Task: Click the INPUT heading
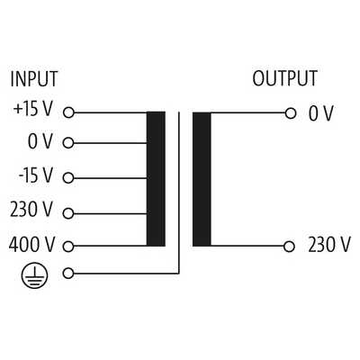[34, 79]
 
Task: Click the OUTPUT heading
[284, 78]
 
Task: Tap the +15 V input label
[33, 109]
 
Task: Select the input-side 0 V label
[40, 141]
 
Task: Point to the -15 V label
[36, 175]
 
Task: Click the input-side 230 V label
[31, 209]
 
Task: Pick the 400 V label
[31, 244]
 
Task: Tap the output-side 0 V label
[321, 113]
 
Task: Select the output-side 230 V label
[329, 245]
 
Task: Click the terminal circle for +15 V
[68, 112]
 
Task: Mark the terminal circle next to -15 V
[68, 178]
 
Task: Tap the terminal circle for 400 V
[68, 247]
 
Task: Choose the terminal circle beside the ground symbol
[68, 274]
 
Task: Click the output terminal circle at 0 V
[290, 113]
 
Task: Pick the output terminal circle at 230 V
[289, 247]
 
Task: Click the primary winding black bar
[156, 179]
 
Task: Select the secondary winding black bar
[202, 179]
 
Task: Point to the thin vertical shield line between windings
[179, 193]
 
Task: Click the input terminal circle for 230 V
[68, 213]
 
